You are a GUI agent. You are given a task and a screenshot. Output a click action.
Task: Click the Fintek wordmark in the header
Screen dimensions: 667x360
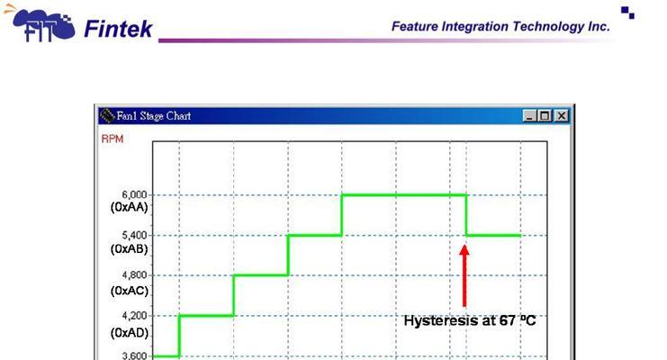[x=118, y=29]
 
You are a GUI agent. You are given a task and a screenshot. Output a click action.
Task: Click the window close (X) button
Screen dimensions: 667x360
[x=562, y=116]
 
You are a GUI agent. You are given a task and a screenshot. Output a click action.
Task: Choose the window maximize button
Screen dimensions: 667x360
[x=545, y=116]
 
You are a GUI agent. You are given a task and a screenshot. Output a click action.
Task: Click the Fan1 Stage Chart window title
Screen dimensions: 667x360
[x=154, y=116]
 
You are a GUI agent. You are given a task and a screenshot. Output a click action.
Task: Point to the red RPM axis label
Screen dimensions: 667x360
[x=113, y=139]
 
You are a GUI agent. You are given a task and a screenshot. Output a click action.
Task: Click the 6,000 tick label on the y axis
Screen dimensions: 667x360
[x=134, y=194]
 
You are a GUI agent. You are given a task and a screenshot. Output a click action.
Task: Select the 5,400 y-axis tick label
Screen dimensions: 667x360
[x=134, y=235]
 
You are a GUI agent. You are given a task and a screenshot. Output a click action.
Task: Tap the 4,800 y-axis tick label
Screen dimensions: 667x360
[x=134, y=274]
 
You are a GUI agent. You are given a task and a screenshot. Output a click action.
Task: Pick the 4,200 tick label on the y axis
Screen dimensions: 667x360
[x=134, y=315]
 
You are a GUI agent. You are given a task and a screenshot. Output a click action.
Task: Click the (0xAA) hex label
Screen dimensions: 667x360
[x=130, y=207]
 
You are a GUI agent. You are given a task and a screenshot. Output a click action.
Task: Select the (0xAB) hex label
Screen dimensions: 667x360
[x=130, y=248]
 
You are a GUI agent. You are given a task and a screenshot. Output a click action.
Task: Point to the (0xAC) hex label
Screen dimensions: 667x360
[x=130, y=291]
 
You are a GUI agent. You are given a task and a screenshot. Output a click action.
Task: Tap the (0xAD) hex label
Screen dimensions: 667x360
[x=130, y=332]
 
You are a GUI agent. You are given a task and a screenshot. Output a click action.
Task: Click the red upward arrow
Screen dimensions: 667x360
[x=464, y=275]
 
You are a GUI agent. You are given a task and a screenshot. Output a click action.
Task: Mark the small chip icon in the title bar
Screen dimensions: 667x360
[x=108, y=116]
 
